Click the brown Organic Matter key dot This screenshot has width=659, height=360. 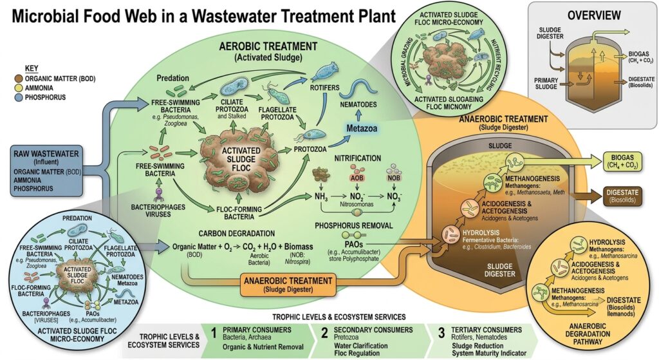[18, 79]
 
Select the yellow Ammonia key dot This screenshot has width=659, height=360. [18, 88]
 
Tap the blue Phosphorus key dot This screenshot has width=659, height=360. [18, 97]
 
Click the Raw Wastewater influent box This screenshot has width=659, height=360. [46, 171]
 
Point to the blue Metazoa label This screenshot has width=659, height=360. [362, 128]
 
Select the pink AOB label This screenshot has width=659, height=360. [357, 178]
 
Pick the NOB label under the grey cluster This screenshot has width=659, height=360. [394, 178]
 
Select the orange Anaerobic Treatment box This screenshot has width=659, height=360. [288, 285]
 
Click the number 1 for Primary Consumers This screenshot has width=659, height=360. [214, 334]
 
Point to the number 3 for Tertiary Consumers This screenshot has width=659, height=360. [441, 334]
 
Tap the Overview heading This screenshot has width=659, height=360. [594, 15]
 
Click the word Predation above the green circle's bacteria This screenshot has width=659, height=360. [172, 78]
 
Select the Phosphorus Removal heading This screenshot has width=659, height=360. [354, 225]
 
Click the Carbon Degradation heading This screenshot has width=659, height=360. [237, 233]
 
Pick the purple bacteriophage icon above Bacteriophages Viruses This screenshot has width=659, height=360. [159, 194]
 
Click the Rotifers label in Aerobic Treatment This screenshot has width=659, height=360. [324, 88]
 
